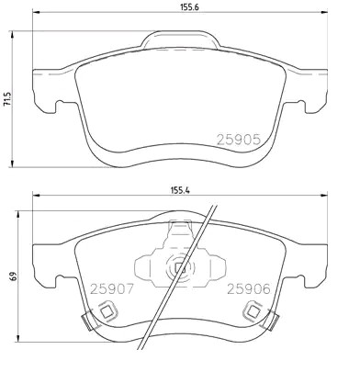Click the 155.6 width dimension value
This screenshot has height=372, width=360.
coord(188,7)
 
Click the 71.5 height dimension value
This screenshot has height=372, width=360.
coord(6,98)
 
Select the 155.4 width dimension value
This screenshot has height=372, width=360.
coord(180,190)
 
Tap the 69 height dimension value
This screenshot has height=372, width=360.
coord(14,276)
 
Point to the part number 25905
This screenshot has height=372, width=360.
coord(239,140)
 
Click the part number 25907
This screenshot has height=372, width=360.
coord(112,288)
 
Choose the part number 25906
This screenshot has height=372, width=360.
coord(249,288)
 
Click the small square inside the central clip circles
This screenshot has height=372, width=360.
coord(180,268)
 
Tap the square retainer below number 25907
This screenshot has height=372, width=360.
coord(107,311)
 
